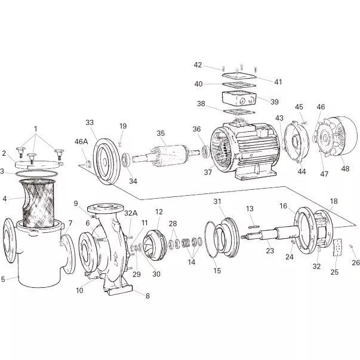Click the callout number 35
[x=161, y=133]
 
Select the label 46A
[x=81, y=142]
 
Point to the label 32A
[x=131, y=213]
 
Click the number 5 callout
[x=4, y=278]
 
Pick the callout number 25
[x=334, y=272]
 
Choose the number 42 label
[x=198, y=65]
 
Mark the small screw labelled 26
[x=351, y=247]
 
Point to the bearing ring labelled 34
[x=128, y=161]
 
